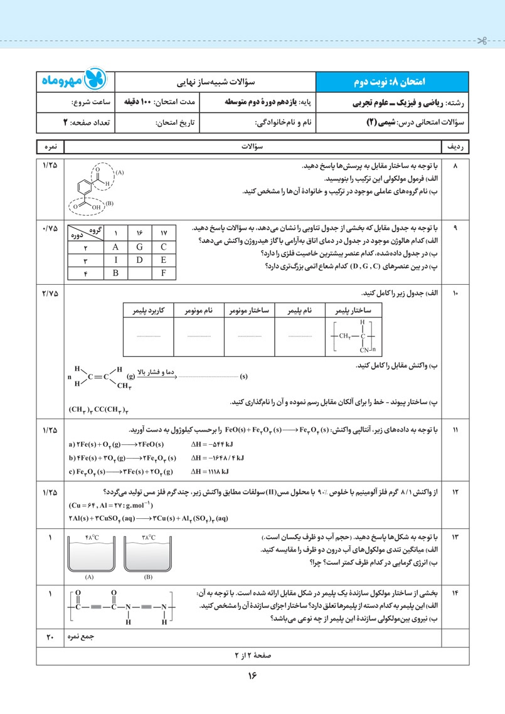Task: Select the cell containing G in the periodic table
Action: (x=139, y=247)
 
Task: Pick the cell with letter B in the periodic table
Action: (x=115, y=273)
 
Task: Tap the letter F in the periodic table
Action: (x=163, y=273)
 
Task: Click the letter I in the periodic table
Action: (x=115, y=260)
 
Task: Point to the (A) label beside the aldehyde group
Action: (x=120, y=173)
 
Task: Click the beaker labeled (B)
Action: (x=148, y=558)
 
